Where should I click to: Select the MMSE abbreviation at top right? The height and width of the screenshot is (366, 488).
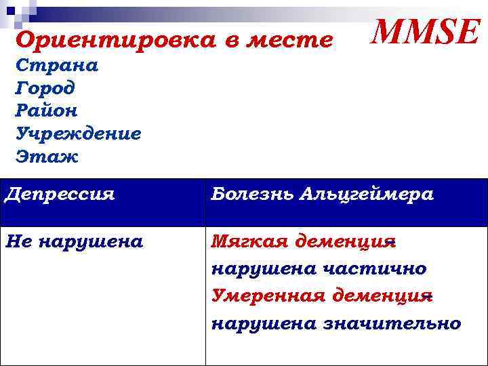coord(427,33)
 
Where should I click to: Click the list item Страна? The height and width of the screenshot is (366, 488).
coord(57,66)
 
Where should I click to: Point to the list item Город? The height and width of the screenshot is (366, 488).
coord(45,88)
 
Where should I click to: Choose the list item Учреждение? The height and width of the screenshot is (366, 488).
coord(79,134)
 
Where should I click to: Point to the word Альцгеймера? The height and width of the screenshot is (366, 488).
coord(370,195)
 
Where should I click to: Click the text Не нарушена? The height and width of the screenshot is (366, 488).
coord(73,241)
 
